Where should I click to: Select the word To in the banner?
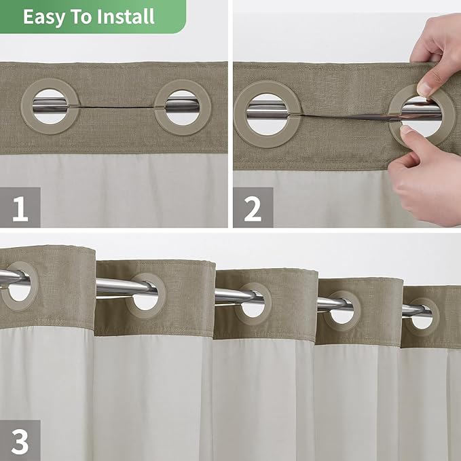79,16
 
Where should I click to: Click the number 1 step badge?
20,207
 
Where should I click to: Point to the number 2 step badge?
253,207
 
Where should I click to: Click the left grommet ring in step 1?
50,106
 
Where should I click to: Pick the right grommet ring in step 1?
183,106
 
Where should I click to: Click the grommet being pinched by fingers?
422,115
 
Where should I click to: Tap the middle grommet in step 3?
254,303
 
